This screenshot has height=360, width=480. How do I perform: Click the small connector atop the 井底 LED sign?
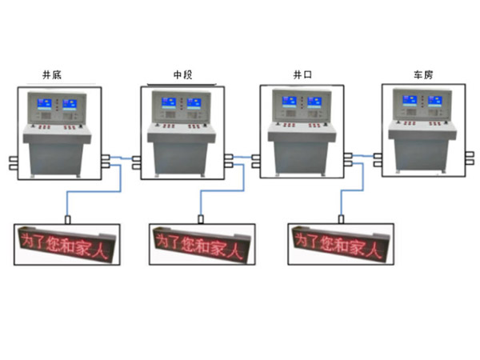coord(68,220)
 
